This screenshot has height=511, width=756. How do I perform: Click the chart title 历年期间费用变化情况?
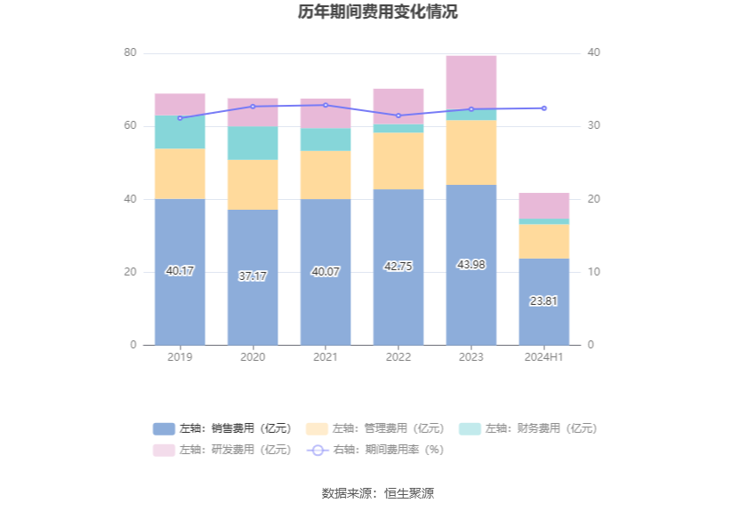(x=378, y=12)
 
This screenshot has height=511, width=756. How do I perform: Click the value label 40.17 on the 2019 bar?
(x=180, y=271)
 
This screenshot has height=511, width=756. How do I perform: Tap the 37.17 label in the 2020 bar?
(x=253, y=276)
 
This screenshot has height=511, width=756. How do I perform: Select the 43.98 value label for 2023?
(x=471, y=264)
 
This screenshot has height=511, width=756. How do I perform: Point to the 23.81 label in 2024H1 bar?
(x=544, y=301)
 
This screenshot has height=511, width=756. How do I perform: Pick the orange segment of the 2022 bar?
(x=398, y=161)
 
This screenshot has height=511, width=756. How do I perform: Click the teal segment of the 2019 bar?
(x=180, y=132)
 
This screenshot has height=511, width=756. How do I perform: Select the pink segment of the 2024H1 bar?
(x=544, y=205)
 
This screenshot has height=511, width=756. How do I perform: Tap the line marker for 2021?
(x=326, y=105)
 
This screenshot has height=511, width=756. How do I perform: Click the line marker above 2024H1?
(x=544, y=108)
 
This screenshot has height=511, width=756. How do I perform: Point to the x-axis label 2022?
(x=398, y=357)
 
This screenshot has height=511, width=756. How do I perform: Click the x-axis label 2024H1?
(x=544, y=357)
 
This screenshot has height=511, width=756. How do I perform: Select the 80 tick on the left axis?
(x=130, y=53)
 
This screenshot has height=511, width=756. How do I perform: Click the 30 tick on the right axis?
(x=594, y=126)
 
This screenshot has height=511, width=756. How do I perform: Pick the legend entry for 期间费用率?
(x=376, y=450)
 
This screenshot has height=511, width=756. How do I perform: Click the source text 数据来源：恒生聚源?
(x=378, y=493)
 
